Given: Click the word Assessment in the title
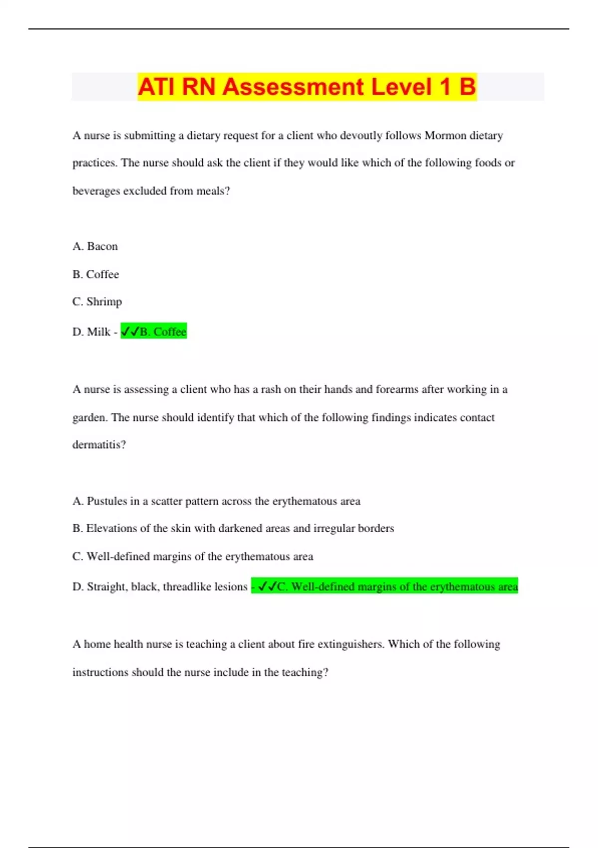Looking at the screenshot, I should click(x=293, y=87).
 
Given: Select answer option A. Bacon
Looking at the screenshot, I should click(x=95, y=246).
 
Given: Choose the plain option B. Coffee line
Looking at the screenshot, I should click(x=96, y=274).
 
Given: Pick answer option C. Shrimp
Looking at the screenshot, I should click(x=97, y=302).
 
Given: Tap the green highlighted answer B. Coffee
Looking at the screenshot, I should click(x=154, y=332).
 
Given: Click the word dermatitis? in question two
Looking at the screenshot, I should click(x=99, y=444).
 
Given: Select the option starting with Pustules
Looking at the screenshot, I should click(x=216, y=501).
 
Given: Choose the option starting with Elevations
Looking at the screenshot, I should click(x=233, y=528).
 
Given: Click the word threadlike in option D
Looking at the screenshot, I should click(x=187, y=587).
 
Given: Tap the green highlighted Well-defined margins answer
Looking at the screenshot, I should click(x=385, y=587).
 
